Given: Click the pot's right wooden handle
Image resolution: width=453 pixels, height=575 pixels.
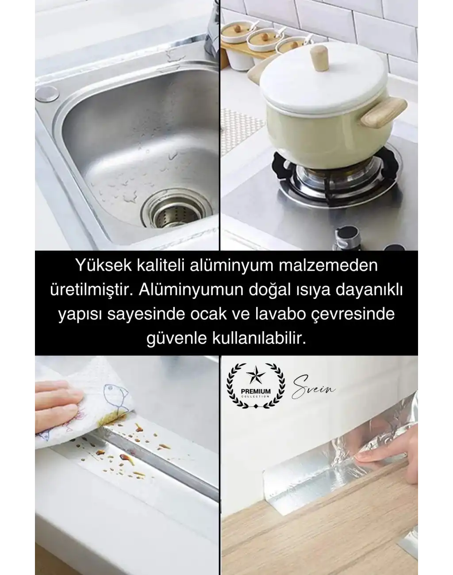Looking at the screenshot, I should (x=383, y=111).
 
